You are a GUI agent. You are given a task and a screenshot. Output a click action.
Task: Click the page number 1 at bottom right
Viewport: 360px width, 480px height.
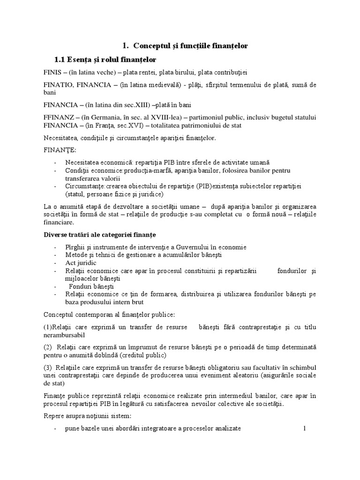[x=304, y=428]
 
